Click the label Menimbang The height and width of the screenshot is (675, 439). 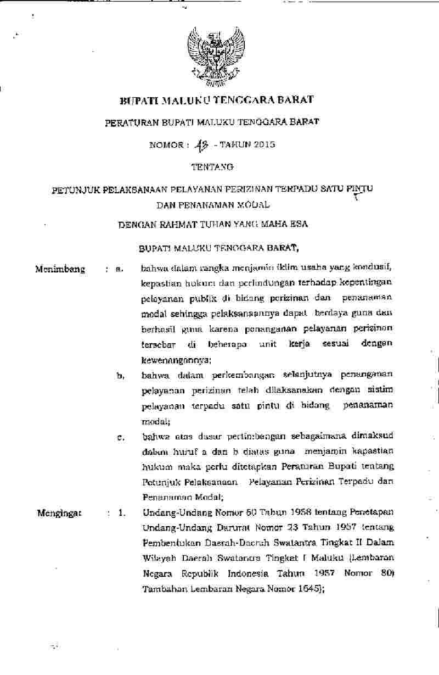[60, 269]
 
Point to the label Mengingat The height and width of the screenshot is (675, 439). [59, 514]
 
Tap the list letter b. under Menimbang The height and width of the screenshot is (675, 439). [120, 376]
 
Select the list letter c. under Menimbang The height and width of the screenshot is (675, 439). [120, 438]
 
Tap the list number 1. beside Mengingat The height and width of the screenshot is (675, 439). [121, 514]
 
